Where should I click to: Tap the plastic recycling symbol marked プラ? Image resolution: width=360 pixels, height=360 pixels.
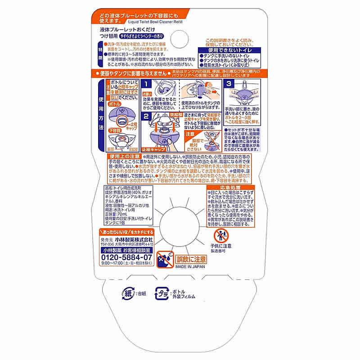click(162, 294)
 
